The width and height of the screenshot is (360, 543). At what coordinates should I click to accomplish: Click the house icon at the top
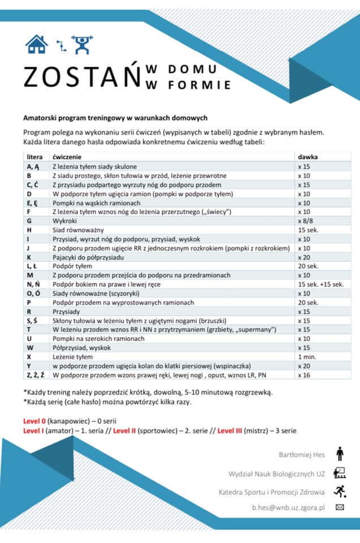37,44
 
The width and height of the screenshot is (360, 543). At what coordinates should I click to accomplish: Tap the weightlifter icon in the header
83,44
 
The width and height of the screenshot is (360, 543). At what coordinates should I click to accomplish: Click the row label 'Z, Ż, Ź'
35,375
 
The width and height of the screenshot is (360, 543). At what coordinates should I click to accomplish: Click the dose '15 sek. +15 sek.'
320,285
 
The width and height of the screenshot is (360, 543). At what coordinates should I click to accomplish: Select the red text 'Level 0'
34,421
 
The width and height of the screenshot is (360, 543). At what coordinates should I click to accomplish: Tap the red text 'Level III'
230,430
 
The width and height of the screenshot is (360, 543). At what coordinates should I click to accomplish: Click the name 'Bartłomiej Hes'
302,454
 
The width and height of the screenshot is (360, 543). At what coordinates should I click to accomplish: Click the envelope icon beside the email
340,507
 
